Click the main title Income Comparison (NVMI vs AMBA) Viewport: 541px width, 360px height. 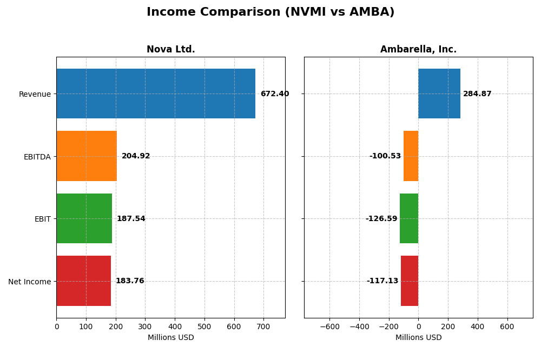point(270,12)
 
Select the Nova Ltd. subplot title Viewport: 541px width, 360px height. point(170,49)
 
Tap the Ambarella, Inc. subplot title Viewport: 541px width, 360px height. point(418,49)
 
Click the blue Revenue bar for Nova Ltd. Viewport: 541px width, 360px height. point(156,94)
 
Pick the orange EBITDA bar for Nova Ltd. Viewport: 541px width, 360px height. point(87,156)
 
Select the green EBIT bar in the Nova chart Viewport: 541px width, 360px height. point(84,218)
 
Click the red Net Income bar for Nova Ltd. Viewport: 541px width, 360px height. point(83,281)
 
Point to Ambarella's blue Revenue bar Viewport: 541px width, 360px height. point(439,94)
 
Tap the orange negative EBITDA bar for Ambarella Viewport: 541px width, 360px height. point(411,156)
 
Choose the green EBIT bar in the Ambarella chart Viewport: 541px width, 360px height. point(409,218)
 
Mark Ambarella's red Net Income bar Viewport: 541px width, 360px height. point(410,281)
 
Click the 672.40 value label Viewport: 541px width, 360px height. point(275,94)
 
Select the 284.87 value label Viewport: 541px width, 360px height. point(477,94)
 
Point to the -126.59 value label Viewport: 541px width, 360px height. point(381,219)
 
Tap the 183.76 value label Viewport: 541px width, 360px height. point(130,281)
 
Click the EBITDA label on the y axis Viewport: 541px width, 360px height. point(37,157)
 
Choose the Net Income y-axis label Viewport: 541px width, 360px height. point(29,282)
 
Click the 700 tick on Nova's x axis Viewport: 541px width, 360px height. point(263,326)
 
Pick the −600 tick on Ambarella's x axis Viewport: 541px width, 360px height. point(329,326)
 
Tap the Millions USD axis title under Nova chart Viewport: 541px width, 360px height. point(170,337)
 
